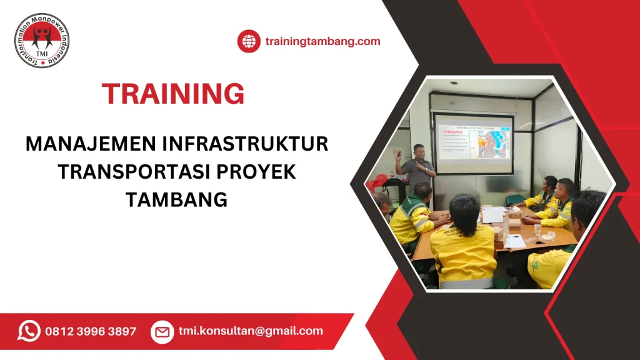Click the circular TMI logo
point(42,40)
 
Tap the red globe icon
point(249,41)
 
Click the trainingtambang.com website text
point(322,41)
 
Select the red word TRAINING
point(173,94)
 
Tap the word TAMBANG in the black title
point(176,199)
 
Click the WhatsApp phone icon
point(29,331)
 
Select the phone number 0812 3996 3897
point(91,331)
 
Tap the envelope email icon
point(162,331)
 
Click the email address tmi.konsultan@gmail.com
point(251,331)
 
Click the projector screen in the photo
point(474,144)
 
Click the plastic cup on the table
point(537,230)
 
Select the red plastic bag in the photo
point(377,182)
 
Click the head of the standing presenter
point(419,151)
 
